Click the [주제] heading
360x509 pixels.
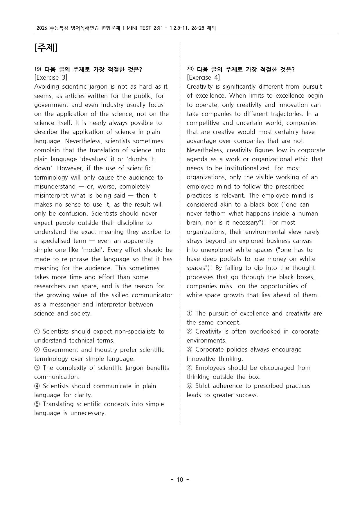point(46,48)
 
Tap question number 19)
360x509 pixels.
point(38,69)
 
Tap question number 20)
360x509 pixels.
point(190,69)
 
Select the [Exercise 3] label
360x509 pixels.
point(51,78)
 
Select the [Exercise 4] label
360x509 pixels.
point(203,78)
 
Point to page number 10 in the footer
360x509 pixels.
point(180,480)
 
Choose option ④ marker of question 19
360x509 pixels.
point(37,386)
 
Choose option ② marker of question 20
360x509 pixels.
point(190,331)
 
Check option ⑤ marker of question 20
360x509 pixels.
point(190,386)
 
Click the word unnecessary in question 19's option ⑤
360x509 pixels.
point(88,413)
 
